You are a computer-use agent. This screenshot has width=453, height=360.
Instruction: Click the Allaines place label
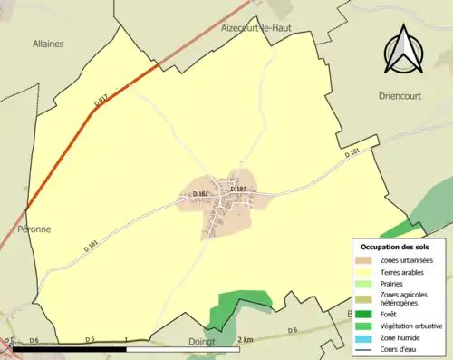coord(47,43)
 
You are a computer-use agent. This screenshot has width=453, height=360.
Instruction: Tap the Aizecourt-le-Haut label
coord(260,28)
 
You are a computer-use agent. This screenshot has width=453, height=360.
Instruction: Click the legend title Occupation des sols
coord(395,247)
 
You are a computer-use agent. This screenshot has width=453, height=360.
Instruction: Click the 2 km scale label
coord(245,339)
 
